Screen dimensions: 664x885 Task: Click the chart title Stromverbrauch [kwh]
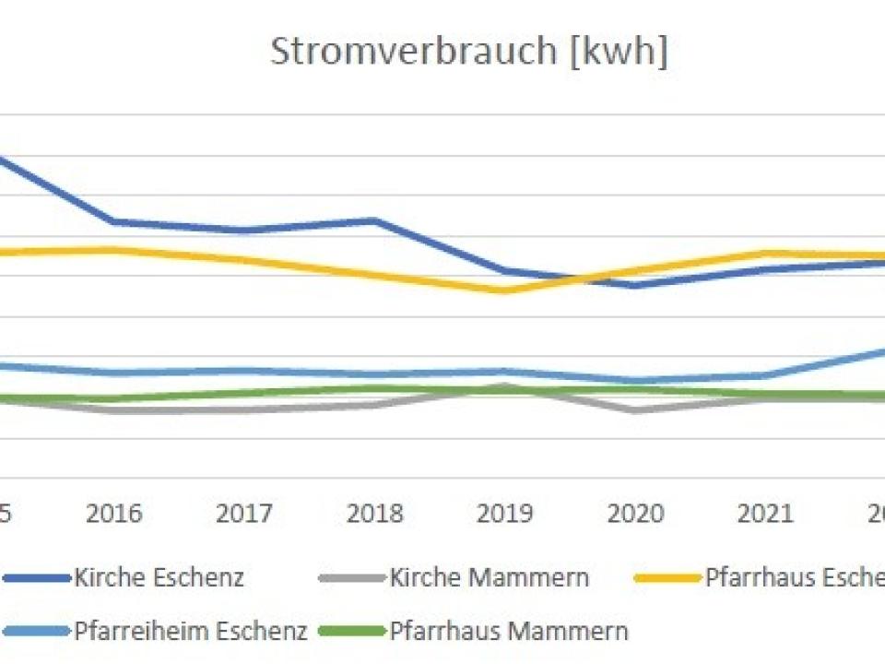pyautogui.click(x=468, y=52)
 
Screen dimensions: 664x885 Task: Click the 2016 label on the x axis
pyautogui.click(x=114, y=513)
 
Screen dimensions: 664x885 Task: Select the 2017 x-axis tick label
pyautogui.click(x=244, y=513)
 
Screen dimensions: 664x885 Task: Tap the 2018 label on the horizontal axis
pyautogui.click(x=375, y=513)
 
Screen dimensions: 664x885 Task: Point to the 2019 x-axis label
pyautogui.click(x=505, y=513)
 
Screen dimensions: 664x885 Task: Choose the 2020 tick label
pyautogui.click(x=635, y=513)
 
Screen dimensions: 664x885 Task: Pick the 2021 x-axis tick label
pyautogui.click(x=765, y=513)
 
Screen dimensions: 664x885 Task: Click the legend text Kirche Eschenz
pyautogui.click(x=159, y=578)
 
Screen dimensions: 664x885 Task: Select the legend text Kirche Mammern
pyautogui.click(x=489, y=578)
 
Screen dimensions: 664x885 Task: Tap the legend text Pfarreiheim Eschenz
pyautogui.click(x=190, y=632)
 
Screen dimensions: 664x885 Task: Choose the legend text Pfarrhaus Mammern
pyautogui.click(x=509, y=632)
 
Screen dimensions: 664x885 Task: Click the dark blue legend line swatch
pyautogui.click(x=37, y=578)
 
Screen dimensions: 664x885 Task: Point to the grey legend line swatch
pyautogui.click(x=350, y=578)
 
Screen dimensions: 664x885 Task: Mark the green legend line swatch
pyautogui.click(x=350, y=632)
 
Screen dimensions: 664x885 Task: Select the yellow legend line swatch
pyautogui.click(x=667, y=578)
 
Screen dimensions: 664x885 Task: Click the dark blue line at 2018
pyautogui.click(x=375, y=220)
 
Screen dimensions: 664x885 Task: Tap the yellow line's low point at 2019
pyautogui.click(x=505, y=290)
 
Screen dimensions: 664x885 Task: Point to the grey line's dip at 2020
pyautogui.click(x=635, y=409)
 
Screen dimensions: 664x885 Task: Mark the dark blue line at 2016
pyautogui.click(x=114, y=221)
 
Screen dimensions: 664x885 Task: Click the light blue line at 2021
pyautogui.click(x=765, y=375)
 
